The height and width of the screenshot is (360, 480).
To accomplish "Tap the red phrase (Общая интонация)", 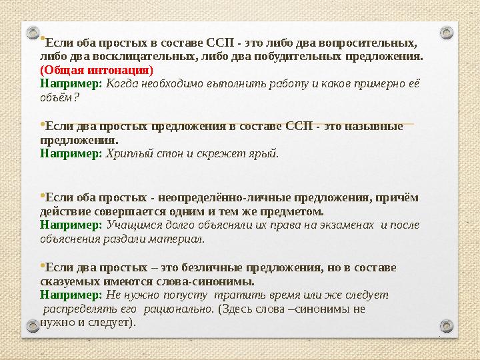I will tap(97, 70).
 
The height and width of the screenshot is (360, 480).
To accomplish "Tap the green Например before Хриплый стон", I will tap(71, 153).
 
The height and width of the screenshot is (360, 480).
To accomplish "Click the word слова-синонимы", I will tap(215, 281).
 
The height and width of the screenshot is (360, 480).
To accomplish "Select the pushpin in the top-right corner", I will tap(447, 32).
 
